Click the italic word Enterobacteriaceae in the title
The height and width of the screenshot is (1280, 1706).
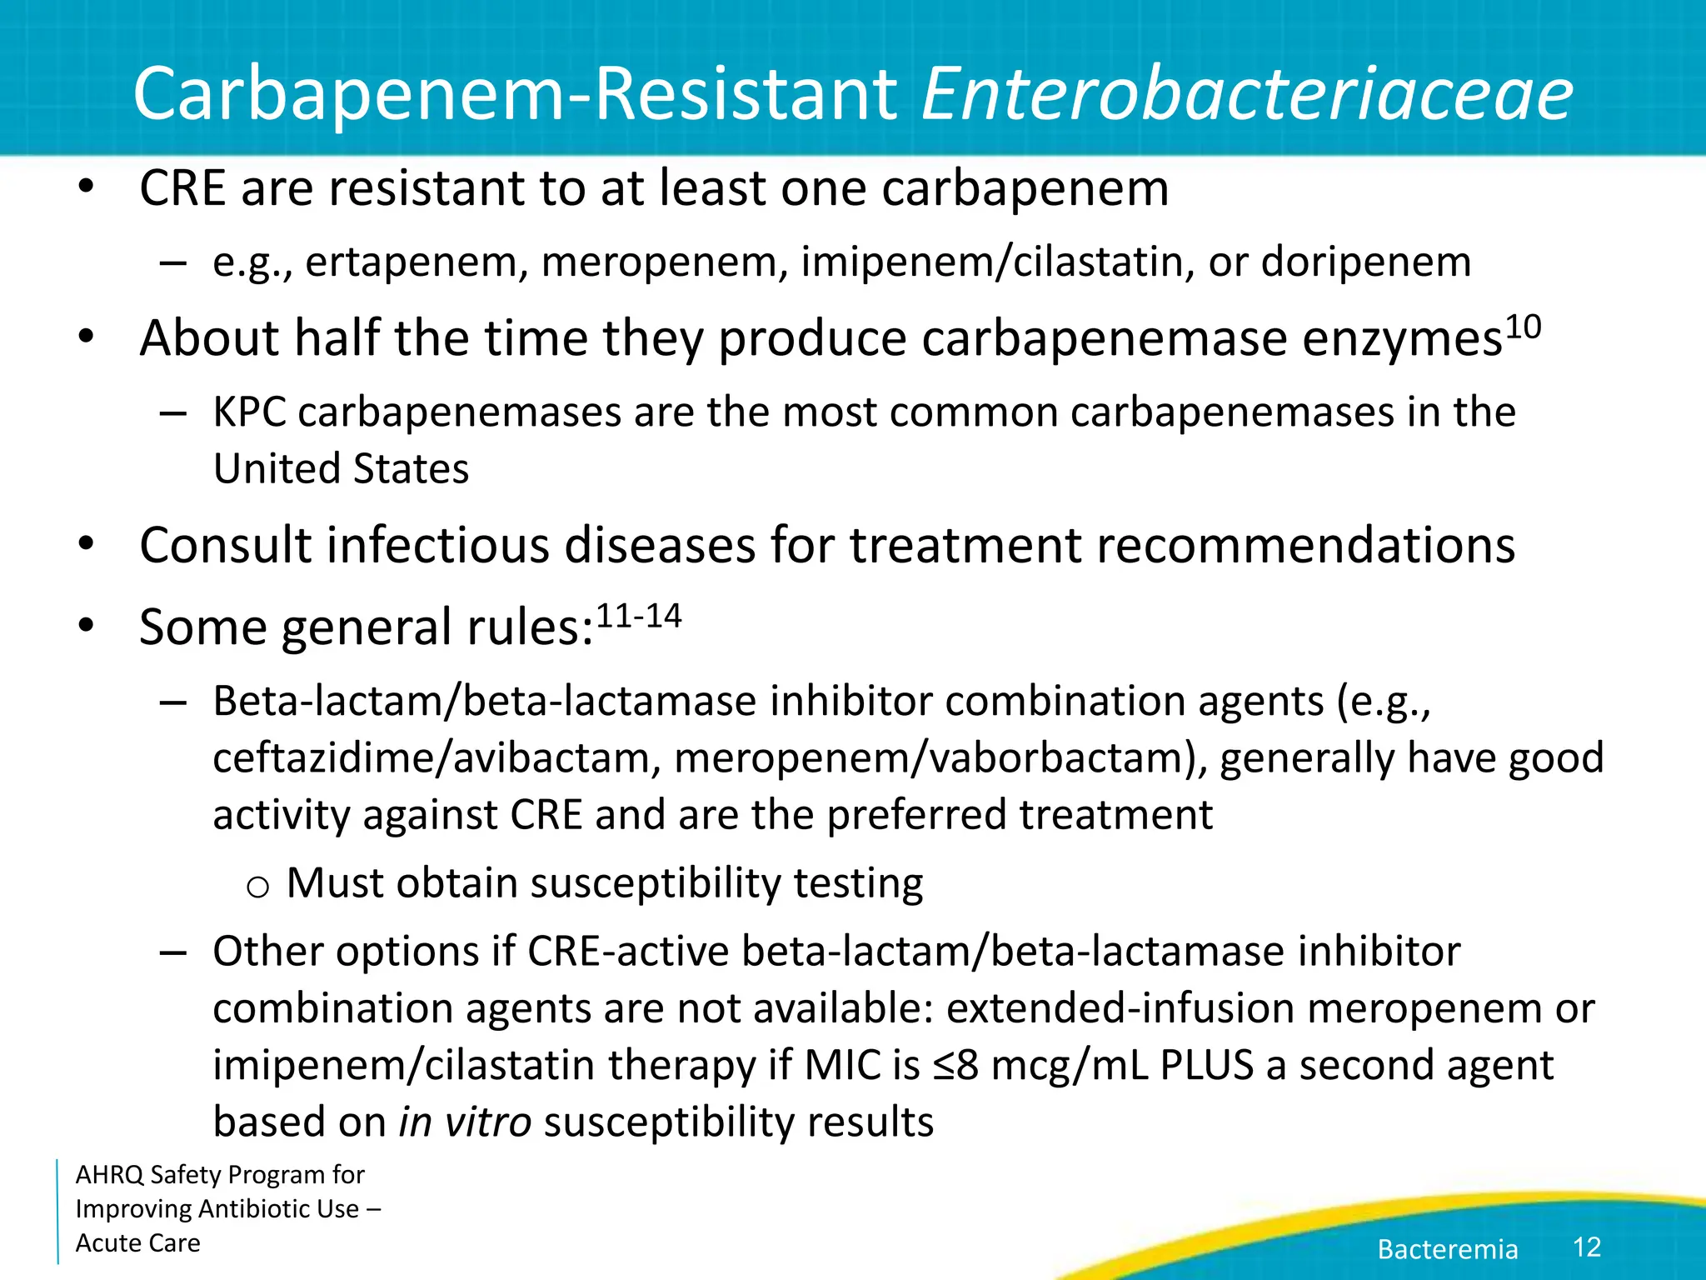[x=1247, y=93]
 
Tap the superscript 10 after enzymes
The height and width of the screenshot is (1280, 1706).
[x=1523, y=327]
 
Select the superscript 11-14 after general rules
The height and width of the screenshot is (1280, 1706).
[x=639, y=617]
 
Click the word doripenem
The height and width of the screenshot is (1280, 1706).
[x=1366, y=262]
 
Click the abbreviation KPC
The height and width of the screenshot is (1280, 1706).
[x=249, y=412]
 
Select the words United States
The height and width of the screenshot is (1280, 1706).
[x=341, y=468]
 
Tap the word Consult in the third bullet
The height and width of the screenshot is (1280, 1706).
[x=226, y=545]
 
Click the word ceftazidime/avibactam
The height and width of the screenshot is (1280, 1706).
[x=431, y=758]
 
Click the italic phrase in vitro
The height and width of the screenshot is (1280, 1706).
[x=465, y=1122]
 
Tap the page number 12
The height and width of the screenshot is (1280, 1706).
[x=1586, y=1247]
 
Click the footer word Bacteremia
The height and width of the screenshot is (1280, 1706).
[x=1447, y=1249]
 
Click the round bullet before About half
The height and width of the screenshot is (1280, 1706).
[x=86, y=338]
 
